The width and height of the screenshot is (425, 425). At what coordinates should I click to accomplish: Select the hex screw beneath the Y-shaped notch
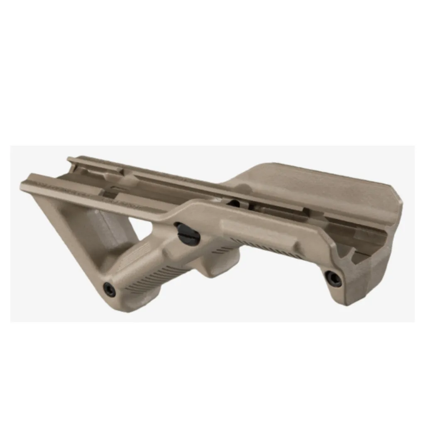(x=333, y=278)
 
